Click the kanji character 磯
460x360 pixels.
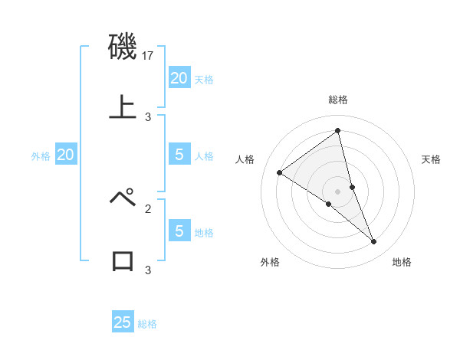(x=123, y=47)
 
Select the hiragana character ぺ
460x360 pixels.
(x=123, y=198)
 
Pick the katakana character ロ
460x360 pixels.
(x=123, y=260)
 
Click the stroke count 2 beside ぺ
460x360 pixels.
(x=148, y=208)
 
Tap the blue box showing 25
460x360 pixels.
(x=123, y=322)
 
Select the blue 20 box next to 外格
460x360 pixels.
(x=65, y=155)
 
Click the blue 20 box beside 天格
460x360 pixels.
(x=179, y=78)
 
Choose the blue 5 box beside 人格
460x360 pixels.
(x=179, y=155)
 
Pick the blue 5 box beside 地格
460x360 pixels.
(x=179, y=231)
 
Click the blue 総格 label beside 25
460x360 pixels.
(x=147, y=324)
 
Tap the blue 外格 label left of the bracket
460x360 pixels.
(x=41, y=156)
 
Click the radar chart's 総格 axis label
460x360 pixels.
(x=337, y=100)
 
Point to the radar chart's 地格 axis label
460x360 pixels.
(x=402, y=262)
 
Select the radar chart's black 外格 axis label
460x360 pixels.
(x=270, y=262)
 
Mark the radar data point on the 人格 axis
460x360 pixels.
(x=279, y=172)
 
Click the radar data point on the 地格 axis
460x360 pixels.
(x=374, y=242)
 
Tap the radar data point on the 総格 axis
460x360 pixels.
(x=337, y=130)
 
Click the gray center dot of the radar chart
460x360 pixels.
(x=337, y=191)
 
